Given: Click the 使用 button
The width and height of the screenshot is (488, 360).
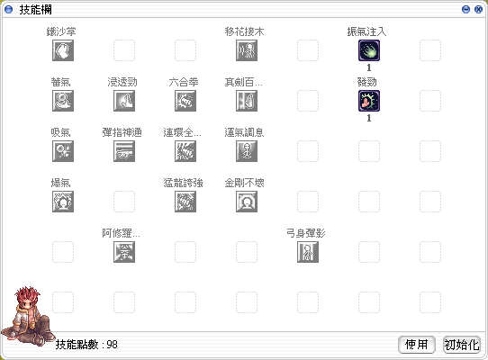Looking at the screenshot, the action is (416, 345).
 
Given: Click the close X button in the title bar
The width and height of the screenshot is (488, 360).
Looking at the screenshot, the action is (478, 9).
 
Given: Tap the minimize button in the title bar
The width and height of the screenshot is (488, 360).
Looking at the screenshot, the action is (465, 9).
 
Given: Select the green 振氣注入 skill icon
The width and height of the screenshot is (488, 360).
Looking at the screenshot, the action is (369, 50).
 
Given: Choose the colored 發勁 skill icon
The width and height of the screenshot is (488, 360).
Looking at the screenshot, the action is (369, 101).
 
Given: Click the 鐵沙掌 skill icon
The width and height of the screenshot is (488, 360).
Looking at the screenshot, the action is (63, 50).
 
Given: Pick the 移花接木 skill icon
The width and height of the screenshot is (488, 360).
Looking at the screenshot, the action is (247, 50).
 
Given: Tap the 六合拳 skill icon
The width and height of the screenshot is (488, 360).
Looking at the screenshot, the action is (185, 101).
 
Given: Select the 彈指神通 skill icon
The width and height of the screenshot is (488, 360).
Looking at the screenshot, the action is (124, 151).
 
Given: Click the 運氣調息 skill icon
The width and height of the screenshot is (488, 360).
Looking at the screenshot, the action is (247, 151).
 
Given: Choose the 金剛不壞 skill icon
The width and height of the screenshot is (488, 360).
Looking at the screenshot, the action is (247, 202).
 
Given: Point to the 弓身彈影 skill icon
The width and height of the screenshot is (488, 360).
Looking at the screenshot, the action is (308, 252).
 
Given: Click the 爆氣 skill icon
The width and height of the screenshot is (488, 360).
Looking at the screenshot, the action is (63, 202).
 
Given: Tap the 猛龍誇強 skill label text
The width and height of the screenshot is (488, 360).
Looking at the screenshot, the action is (184, 183).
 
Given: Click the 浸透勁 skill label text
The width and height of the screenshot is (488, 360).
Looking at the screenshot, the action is (122, 82).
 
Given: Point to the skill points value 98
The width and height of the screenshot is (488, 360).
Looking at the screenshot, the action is (112, 345).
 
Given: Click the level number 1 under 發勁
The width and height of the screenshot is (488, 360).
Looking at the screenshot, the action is (369, 118).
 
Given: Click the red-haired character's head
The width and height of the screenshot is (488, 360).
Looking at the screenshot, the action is (27, 298).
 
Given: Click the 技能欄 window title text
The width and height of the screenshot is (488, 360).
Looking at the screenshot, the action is (35, 10).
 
